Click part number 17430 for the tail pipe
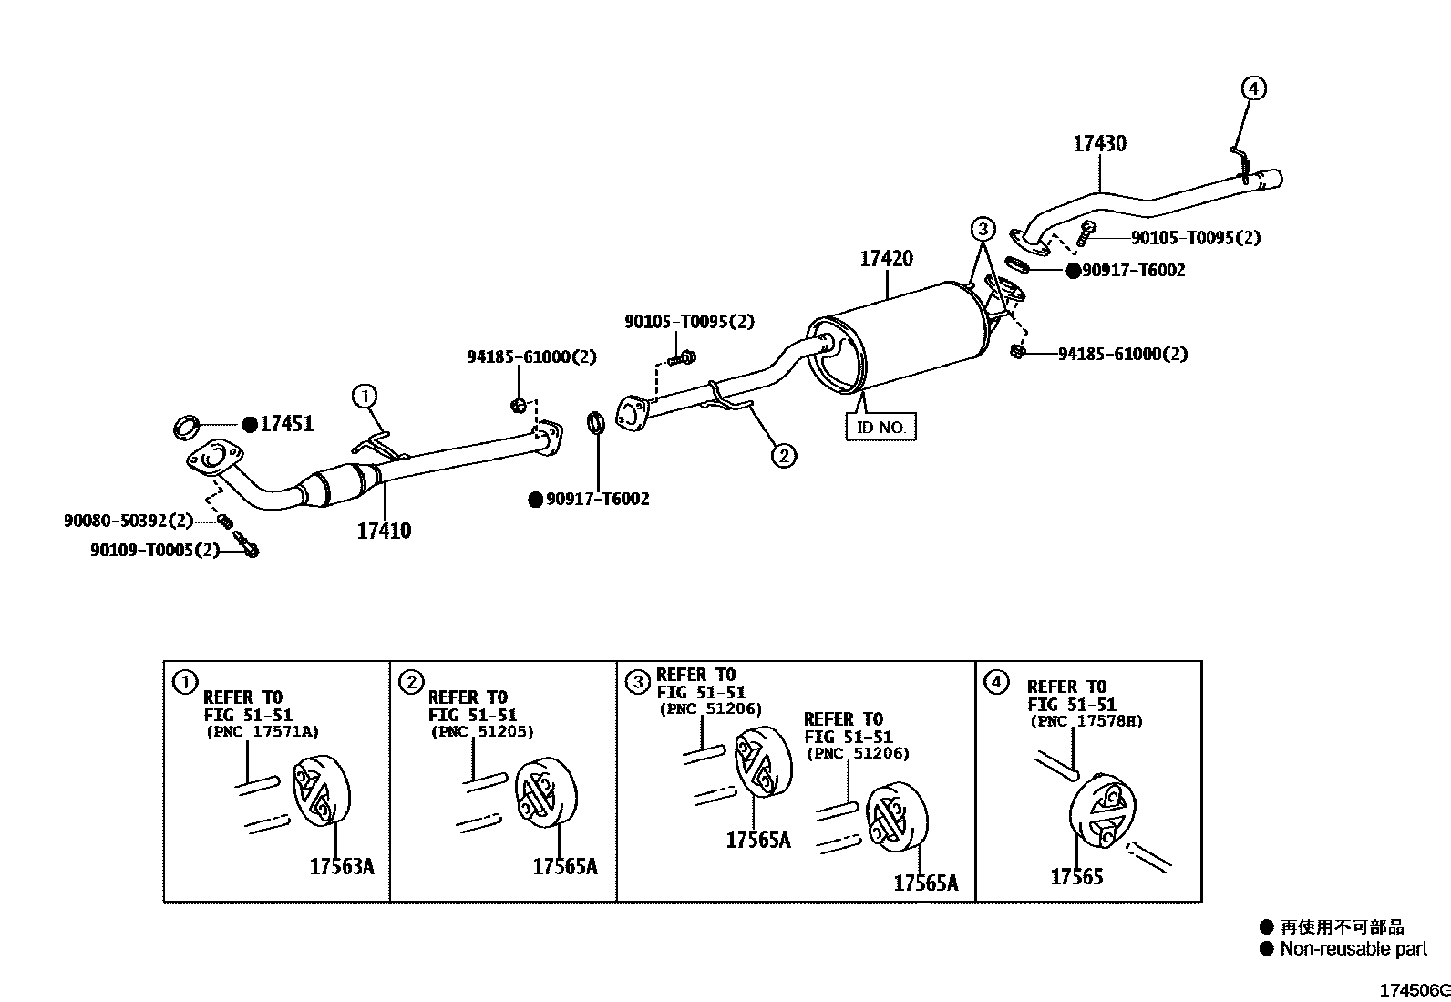point(1098,143)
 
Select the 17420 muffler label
point(885,259)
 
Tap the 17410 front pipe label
point(384,531)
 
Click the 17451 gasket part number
point(286,424)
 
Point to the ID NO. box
point(880,427)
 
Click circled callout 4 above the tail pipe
point(1253,88)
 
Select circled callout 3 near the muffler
point(983,229)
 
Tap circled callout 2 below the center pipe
point(783,454)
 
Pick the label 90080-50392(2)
point(129,521)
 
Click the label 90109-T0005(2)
point(155,551)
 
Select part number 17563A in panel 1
point(341,866)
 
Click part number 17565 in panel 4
point(1076,877)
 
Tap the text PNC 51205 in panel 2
point(481,731)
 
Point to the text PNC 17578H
point(1086,721)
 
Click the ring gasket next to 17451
point(187,425)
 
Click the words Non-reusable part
point(1353,949)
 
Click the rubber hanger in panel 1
point(321,791)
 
